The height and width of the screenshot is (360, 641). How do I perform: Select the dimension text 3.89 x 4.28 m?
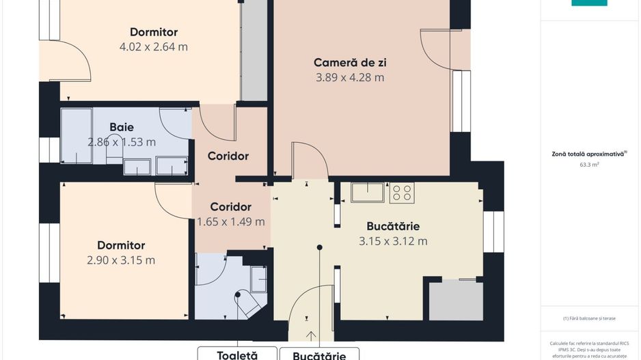[350, 78]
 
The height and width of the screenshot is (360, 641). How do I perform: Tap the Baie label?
[122, 127]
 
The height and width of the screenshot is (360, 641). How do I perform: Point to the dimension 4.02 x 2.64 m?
[154, 47]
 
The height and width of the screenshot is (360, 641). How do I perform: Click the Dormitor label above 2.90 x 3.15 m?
[121, 245]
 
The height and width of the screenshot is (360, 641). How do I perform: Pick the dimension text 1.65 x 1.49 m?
[230, 222]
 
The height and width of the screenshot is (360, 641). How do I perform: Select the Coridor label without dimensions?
[228, 156]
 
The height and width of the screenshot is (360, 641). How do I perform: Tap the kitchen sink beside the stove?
[368, 193]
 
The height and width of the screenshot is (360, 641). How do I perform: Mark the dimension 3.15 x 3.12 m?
[393, 241]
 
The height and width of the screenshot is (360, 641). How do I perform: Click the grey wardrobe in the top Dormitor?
[254, 51]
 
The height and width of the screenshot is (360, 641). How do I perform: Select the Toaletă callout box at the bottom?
[237, 354]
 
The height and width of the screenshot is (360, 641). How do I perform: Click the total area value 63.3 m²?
[589, 165]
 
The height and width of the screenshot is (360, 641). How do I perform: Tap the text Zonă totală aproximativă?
[589, 154]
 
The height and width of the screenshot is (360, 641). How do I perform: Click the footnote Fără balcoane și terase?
[589, 318]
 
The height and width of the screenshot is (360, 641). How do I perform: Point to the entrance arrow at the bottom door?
[312, 335]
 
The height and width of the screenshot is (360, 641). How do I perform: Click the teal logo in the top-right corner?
[589, 3]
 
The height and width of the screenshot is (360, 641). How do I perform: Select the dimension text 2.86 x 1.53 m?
[122, 143]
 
